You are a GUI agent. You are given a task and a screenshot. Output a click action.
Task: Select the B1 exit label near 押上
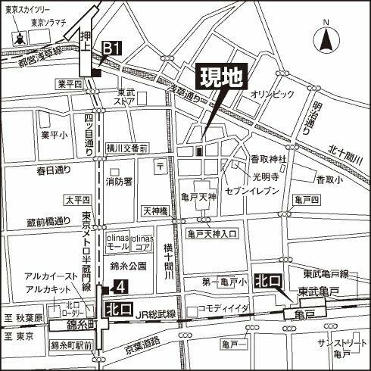[x=111, y=49]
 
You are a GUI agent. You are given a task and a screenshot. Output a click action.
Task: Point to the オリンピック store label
[x=271, y=93]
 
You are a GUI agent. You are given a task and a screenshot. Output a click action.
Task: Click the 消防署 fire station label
[x=120, y=182]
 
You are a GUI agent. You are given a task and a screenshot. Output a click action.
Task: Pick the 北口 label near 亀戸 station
[x=267, y=281]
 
